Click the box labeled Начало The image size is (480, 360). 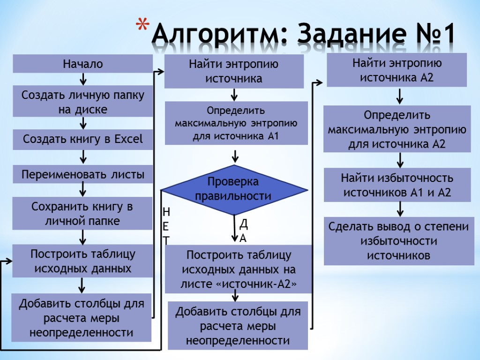point(82,64)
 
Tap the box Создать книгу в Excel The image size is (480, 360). point(82,139)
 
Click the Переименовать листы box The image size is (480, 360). point(82,175)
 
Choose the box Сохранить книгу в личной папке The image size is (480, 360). point(82,213)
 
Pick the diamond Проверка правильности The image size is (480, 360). point(234,189)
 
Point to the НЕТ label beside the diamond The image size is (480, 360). point(166,225)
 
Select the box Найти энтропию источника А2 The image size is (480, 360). point(397,70)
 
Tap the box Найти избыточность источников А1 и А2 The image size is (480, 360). point(397,185)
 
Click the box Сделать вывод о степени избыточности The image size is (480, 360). point(399,241)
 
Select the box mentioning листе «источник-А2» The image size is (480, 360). point(238,270)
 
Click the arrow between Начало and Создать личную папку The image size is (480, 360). point(82,79)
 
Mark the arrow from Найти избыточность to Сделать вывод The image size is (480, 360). point(400,209)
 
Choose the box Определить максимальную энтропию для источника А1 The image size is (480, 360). point(236,124)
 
